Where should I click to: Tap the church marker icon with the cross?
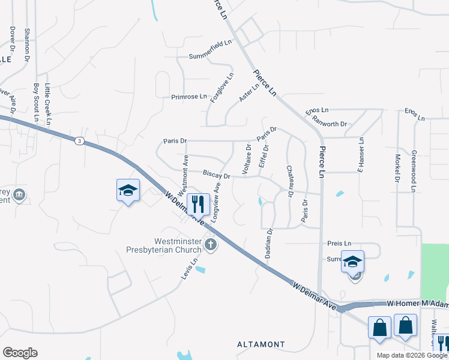pos(210,244)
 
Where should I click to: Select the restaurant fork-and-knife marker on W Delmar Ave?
pos(197,205)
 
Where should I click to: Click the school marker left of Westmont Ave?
pos(128,190)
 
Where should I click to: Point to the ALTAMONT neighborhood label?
pos(261,344)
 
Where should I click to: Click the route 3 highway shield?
pos(79,140)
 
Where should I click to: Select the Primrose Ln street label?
pos(188,96)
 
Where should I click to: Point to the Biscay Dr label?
pos(217,176)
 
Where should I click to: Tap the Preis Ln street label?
pos(339,244)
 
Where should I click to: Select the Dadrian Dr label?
pos(268,243)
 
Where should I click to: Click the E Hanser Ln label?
pos(361,155)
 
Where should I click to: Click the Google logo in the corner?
pos(20,353)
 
